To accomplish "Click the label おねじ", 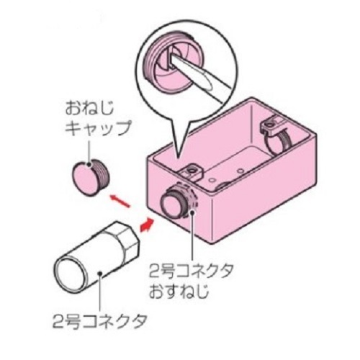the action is pyautogui.click(x=89, y=109).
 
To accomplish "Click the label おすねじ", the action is pyautogui.click(x=179, y=291).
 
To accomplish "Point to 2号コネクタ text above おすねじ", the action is pyautogui.click(x=192, y=271).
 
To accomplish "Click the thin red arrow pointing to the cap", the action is pyautogui.click(x=120, y=201).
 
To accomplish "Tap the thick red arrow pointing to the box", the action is pyautogui.click(x=147, y=225).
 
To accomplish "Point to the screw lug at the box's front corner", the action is pyautogui.click(x=191, y=171).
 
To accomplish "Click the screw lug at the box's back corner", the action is pyautogui.click(x=271, y=125).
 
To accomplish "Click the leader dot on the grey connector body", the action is pyautogui.click(x=100, y=274).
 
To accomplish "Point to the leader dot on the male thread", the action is pyautogui.click(x=192, y=212).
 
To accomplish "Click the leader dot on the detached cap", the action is pyautogui.click(x=89, y=165).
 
